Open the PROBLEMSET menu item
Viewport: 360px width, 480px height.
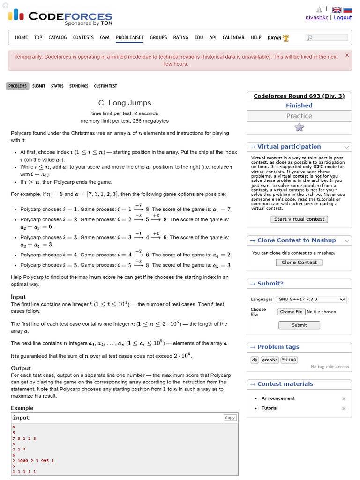coord(130,37)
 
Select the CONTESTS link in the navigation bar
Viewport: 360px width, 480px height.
coord(83,37)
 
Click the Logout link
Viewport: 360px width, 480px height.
coord(343,17)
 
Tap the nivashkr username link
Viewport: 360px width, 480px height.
coord(317,17)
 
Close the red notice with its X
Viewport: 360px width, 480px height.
coord(347,55)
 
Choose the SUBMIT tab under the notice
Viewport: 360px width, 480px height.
coord(39,86)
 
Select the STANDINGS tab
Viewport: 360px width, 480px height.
coord(79,86)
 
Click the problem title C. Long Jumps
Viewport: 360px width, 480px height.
coord(125,103)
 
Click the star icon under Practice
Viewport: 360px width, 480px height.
coord(299,127)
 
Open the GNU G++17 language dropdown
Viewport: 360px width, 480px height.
coord(312,300)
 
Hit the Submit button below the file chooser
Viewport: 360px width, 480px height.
coord(299,325)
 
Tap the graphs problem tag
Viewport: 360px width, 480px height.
coord(270,360)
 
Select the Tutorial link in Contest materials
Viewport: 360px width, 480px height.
coord(270,408)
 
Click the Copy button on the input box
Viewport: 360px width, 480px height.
coord(230,418)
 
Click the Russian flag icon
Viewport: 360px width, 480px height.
coord(348,9)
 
